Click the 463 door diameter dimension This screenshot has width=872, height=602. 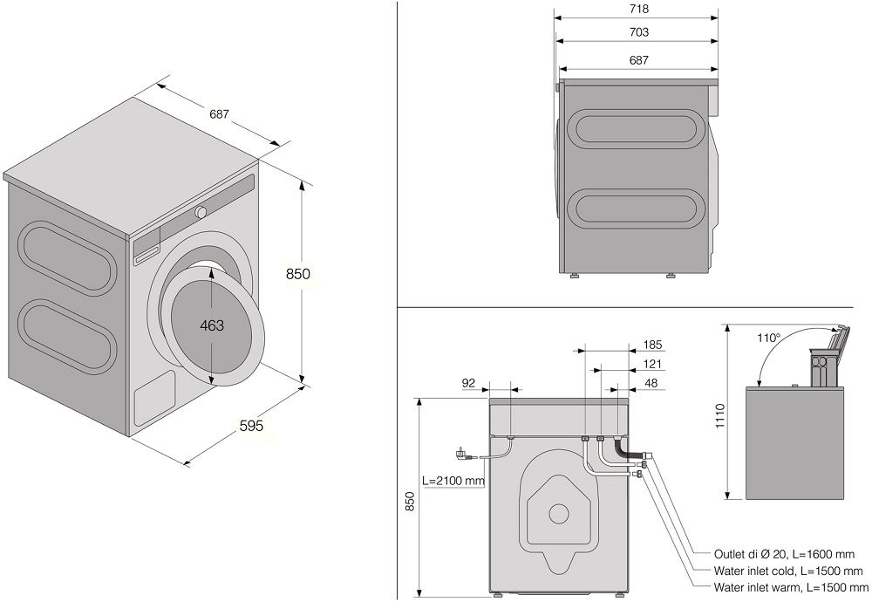pos(211,325)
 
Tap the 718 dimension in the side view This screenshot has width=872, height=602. pos(637,10)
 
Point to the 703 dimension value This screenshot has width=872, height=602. pos(637,33)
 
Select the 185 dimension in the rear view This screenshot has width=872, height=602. pos(651,345)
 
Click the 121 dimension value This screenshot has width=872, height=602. pos(651,365)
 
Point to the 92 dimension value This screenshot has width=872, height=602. pos(468,382)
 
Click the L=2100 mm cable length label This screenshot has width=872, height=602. pos(453,480)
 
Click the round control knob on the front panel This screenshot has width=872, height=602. pos(201,211)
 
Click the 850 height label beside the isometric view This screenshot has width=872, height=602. pos(298,274)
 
